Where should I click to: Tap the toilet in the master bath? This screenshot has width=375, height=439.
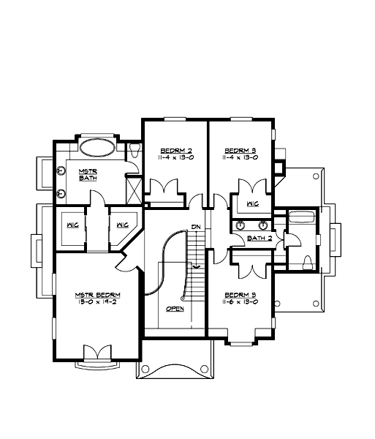coord(136,149)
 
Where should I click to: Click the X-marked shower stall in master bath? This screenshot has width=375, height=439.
coord(135,190)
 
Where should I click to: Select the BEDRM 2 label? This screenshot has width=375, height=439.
coord(173,148)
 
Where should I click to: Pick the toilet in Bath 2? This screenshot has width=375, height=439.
coord(308,261)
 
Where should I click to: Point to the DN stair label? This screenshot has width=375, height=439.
coord(196,227)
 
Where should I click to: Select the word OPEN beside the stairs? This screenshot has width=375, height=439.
coord(175,309)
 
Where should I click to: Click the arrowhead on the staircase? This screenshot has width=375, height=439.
coord(196,269)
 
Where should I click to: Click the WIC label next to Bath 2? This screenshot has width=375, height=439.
coord(253,203)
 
